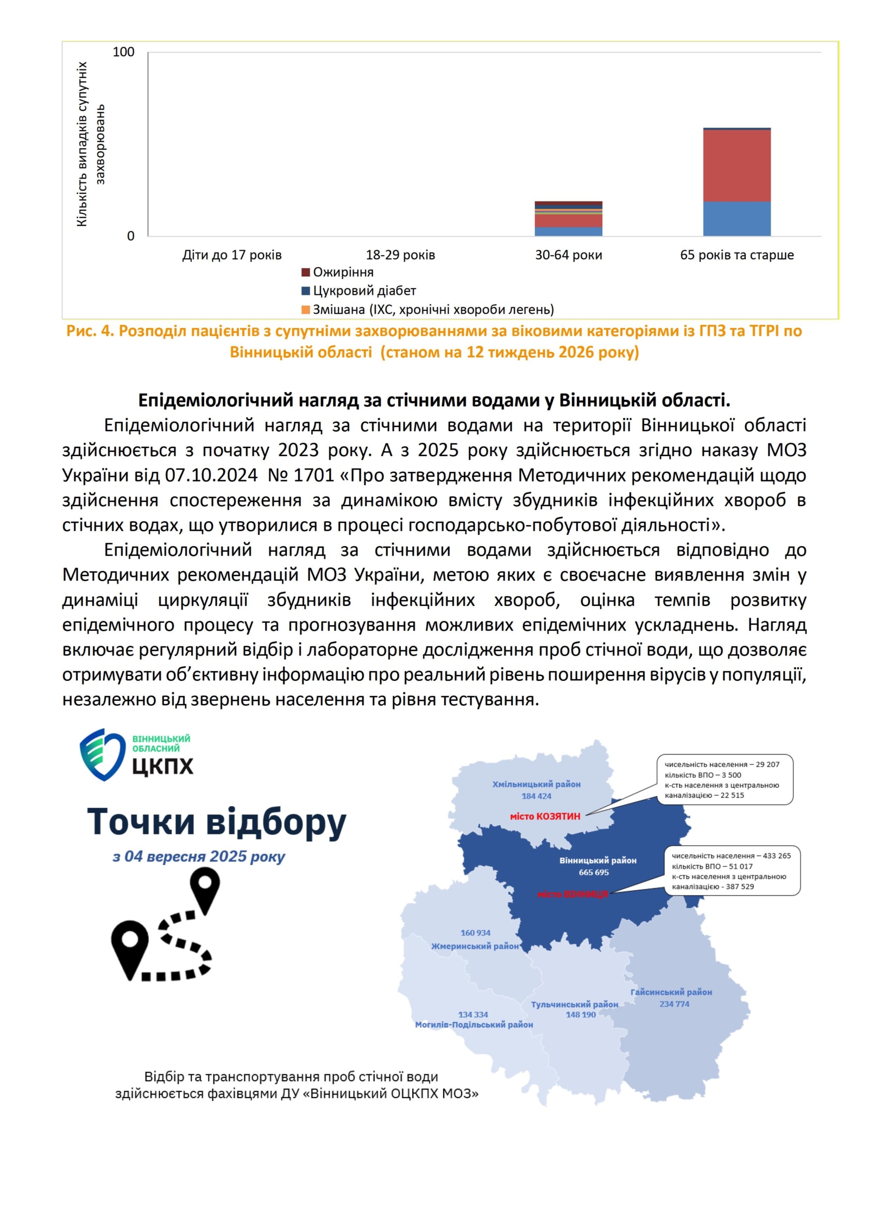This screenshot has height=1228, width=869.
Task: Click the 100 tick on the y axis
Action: [x=123, y=52]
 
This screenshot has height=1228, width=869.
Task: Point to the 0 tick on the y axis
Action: [x=130, y=236]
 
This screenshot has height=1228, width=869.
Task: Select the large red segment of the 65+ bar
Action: [x=736, y=166]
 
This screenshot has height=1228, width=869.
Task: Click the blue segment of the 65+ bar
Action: [x=736, y=219]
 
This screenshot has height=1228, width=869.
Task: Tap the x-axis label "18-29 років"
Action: [x=400, y=255]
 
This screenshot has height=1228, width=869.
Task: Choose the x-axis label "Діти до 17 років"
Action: [x=232, y=255]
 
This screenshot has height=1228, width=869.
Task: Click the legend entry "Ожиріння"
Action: [x=343, y=273]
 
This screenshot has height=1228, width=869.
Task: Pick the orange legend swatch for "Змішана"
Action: [x=306, y=309]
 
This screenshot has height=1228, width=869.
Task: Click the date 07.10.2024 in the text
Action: [x=211, y=476]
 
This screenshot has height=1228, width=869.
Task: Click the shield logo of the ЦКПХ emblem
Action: [x=103, y=755]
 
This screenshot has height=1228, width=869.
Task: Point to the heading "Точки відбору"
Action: [x=216, y=822]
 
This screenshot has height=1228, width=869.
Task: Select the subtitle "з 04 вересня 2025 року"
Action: [x=199, y=857]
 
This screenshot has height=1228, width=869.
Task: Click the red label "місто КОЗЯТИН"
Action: [x=545, y=816]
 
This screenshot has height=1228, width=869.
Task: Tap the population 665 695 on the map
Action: [x=594, y=872]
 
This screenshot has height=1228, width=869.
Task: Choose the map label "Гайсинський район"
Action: [x=671, y=992]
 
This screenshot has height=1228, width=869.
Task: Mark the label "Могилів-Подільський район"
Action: [x=474, y=1025]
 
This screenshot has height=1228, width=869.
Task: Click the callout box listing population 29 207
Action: [x=725, y=780]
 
